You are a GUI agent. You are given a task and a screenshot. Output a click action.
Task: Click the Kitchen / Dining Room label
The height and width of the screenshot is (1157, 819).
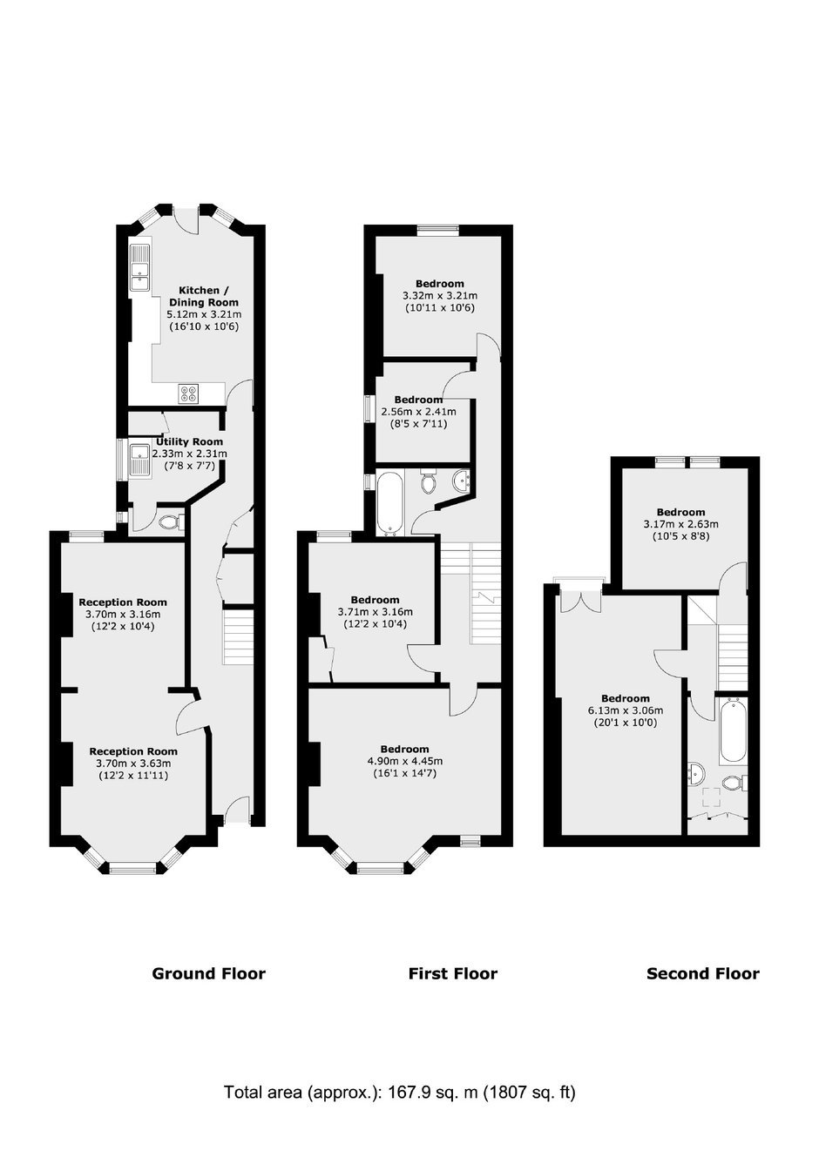[204, 296]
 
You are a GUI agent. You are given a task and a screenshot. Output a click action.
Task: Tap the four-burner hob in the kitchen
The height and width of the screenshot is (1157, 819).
[188, 394]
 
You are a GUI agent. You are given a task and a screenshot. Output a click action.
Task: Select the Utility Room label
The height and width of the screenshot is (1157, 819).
[189, 441]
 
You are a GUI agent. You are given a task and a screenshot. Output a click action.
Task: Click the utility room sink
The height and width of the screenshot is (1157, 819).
[139, 460]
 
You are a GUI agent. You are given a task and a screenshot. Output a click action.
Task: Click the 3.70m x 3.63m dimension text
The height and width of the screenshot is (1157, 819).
[133, 763]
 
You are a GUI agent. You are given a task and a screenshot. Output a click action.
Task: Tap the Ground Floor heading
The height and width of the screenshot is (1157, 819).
[208, 973]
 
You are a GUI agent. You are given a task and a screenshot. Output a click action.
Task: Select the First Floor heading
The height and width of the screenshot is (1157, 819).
[453, 973]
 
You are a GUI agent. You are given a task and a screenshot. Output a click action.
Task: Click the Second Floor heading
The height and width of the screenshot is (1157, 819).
[703, 973]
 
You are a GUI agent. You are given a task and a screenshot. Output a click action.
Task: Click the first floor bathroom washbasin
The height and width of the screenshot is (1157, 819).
[461, 481]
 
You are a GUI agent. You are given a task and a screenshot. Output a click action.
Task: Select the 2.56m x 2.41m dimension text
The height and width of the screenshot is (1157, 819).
[419, 412]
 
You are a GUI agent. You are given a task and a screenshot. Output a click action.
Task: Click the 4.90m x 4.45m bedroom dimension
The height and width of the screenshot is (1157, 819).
[405, 761]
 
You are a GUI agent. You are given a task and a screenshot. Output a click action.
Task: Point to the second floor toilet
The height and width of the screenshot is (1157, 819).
[735, 783]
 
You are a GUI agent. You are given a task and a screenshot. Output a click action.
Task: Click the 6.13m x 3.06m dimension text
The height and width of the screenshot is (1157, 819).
[626, 710]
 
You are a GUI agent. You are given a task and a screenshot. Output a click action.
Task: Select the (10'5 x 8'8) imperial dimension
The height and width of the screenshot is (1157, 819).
[681, 536]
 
